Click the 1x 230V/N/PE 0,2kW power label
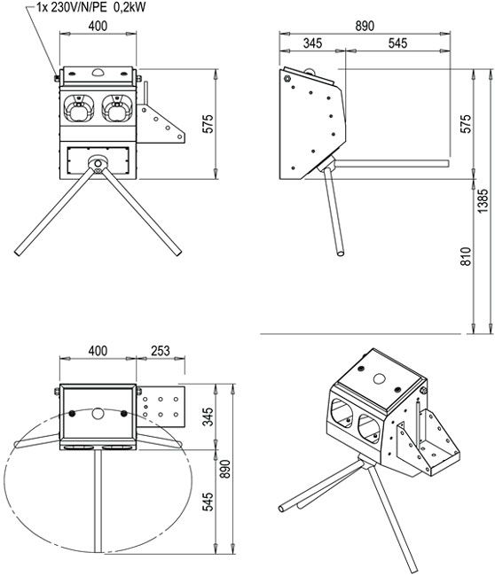[91, 7]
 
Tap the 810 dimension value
[466, 256]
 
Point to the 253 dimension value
[161, 351]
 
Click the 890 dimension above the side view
[365, 26]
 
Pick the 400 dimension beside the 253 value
[98, 351]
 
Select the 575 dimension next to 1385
[466, 124]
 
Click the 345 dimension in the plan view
[208, 416]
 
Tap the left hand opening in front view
[78, 108]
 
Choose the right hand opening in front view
[116, 108]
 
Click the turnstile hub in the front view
[98, 163]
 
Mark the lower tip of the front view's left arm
[17, 253]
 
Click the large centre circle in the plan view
[98, 413]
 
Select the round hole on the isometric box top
[379, 378]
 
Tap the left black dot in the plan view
[72, 413]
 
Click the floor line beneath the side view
[360, 334]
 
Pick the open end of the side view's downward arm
[341, 253]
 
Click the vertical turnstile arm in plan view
[98, 501]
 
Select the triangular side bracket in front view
[161, 124]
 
